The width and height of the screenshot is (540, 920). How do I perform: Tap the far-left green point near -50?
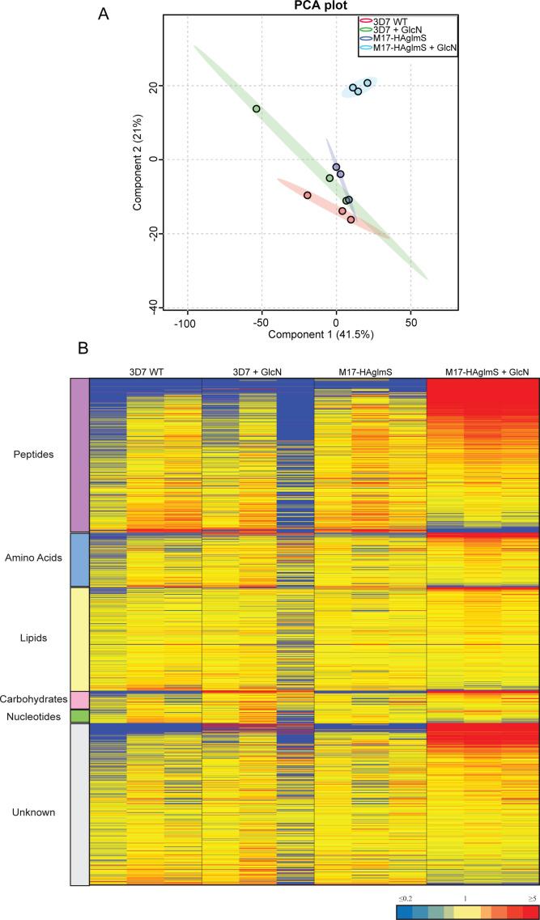(257, 108)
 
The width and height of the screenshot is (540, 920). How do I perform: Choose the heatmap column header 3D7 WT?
(145, 371)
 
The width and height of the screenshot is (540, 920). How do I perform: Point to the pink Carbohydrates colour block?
(79, 700)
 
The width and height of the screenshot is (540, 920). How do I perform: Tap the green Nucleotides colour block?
(79, 716)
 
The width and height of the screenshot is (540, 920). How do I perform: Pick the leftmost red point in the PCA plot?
(308, 195)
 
